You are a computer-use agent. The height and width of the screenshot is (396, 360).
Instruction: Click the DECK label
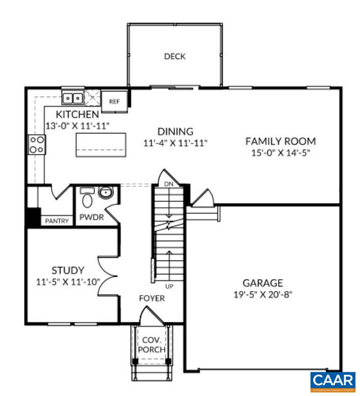[175, 56]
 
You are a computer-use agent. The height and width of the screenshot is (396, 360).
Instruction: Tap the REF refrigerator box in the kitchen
[115, 101]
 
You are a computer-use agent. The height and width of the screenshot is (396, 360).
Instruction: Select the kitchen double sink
[72, 97]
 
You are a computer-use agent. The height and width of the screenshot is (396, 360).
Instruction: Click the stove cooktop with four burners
[36, 145]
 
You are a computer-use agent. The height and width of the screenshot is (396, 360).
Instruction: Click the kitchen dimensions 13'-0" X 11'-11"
[78, 126]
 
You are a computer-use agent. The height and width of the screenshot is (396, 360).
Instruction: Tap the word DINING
[175, 132]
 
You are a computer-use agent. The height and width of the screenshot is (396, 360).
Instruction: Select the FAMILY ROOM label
[280, 141]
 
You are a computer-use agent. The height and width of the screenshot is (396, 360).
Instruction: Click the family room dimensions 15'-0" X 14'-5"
[281, 153]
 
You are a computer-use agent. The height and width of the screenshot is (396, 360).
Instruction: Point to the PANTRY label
[57, 221]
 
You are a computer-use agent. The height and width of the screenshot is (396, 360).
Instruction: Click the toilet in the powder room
[87, 198]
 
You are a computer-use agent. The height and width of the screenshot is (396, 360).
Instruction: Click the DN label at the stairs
[168, 184]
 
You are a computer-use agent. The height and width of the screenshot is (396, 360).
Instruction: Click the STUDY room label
[67, 270]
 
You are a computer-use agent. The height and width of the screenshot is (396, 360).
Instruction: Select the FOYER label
[151, 298]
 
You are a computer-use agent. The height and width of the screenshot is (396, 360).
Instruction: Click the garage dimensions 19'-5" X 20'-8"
[263, 295]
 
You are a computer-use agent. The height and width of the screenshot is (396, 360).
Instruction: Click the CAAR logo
[333, 381]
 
